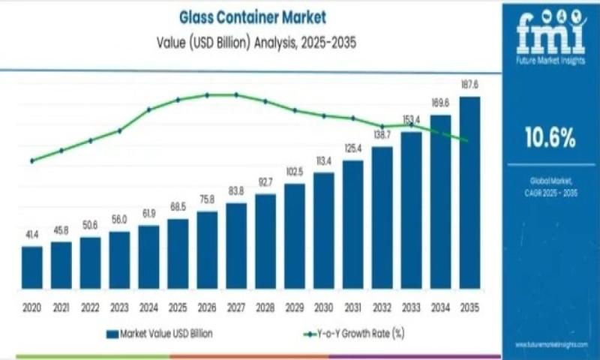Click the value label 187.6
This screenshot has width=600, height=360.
[470, 85]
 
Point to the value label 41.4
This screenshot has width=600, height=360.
[32, 235]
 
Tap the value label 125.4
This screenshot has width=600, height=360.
[353, 148]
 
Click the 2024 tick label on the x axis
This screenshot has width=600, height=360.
[148, 307]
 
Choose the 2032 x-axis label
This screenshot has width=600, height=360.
[382, 307]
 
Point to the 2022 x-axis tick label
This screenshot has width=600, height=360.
[90, 307]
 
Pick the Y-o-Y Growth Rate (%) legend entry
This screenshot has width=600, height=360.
[352, 333]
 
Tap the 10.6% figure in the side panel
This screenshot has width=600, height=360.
[550, 137]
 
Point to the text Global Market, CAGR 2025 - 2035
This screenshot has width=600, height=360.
[550, 187]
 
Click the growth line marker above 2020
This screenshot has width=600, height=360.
[32, 160]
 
